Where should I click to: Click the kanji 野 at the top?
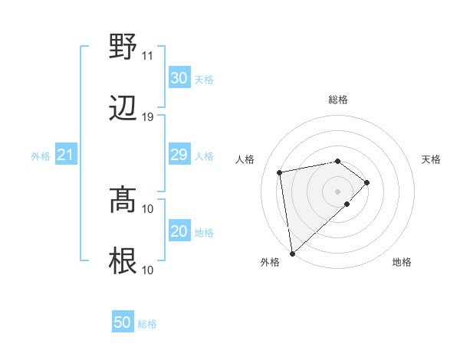pos(123,47)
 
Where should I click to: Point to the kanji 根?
pos(123,261)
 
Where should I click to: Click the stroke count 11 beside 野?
pos(148,56)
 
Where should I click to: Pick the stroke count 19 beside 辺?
pos(148,117)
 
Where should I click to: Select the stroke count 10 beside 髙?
pos(148,208)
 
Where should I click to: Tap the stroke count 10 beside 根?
pos(148,269)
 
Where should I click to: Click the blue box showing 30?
pos(179,78)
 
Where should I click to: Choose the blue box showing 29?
pos(179,155)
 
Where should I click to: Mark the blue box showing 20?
pos(179,231)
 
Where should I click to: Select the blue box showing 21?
pos(66,155)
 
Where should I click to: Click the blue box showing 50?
pos(123,322)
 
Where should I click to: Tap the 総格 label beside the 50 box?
pos(147,324)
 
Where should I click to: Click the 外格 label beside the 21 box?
pos(41,156)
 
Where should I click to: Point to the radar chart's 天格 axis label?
pos(432,159)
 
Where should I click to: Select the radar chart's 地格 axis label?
pos(402,262)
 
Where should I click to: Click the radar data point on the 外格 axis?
pos(292,253)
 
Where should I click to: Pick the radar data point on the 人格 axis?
pos(281,172)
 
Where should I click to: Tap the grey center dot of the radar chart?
pos(338,191)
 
